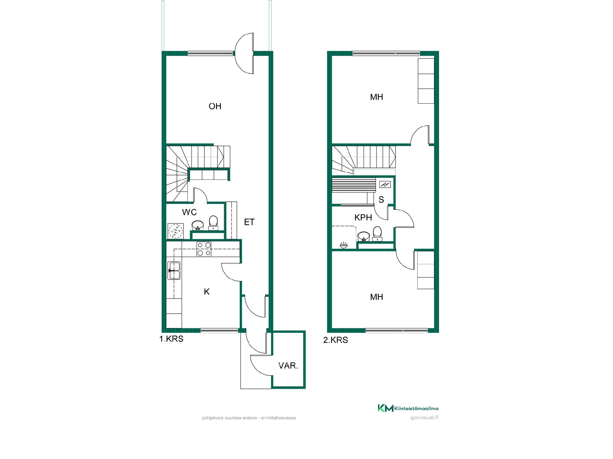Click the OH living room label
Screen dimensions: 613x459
coord(215,106)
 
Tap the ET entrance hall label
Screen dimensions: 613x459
coord(249,222)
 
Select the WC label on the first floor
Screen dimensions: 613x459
coord(189,212)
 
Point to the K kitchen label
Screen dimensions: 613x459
coord(207,292)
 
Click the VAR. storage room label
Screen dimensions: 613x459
coord(288,366)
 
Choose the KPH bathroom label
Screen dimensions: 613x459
coord(363,217)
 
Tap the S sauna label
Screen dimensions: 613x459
coord(381,200)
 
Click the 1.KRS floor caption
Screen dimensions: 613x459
coord(171,339)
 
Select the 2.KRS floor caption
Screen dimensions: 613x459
coord(336,340)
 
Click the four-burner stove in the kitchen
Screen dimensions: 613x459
coord(204,249)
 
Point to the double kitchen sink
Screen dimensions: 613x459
coord(174,271)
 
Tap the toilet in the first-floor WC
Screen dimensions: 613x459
coord(213,223)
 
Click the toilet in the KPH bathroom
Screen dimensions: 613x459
coord(377,234)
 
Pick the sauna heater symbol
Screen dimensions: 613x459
coord(385,184)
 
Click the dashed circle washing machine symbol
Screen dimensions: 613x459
coord(175,231)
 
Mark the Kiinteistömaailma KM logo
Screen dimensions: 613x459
coord(408,408)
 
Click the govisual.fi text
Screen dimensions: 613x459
coord(425,418)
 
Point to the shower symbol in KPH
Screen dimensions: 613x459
coord(344,245)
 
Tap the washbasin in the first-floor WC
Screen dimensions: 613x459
coord(198,225)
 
